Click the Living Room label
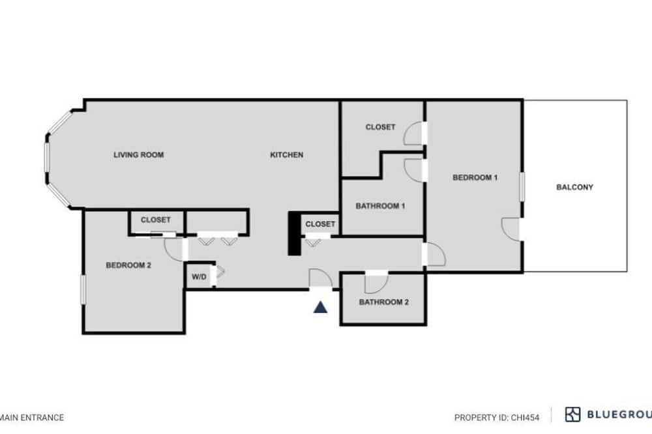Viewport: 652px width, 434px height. click(x=138, y=154)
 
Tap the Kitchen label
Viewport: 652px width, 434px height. click(x=286, y=154)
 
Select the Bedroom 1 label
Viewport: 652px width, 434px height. click(x=475, y=177)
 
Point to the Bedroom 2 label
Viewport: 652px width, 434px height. click(x=128, y=265)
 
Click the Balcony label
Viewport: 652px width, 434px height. click(x=574, y=187)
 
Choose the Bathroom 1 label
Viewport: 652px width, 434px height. click(x=380, y=206)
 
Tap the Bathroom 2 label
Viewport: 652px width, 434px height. click(x=384, y=302)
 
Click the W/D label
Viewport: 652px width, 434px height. click(x=199, y=277)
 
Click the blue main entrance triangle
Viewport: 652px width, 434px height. click(x=320, y=307)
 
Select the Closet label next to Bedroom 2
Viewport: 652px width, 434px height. click(x=156, y=220)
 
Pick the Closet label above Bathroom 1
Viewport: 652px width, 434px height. click(x=380, y=127)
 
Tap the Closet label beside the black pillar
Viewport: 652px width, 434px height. click(x=320, y=224)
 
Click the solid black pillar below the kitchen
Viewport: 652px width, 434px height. click(x=295, y=233)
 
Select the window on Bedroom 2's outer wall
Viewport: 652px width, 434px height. click(x=83, y=290)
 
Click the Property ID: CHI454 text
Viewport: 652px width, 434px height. click(x=497, y=417)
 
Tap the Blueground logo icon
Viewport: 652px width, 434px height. click(x=572, y=414)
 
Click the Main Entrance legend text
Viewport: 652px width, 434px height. click(x=32, y=417)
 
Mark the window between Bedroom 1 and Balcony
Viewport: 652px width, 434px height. click(x=522, y=186)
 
